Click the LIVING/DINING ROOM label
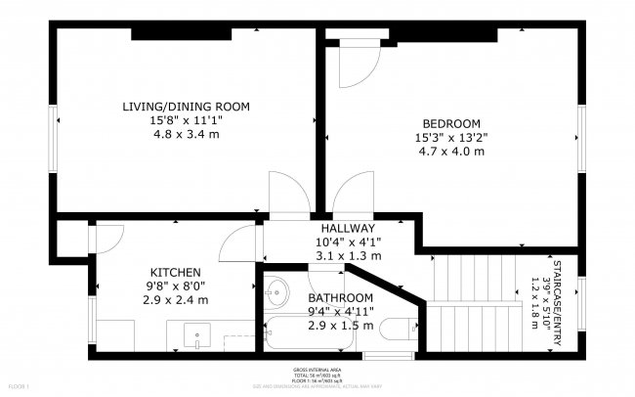(186, 106)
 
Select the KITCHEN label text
(176, 272)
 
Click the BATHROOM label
(341, 297)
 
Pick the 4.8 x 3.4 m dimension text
(186, 134)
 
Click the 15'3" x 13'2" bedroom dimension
(451, 137)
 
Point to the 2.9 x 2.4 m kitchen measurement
(176, 300)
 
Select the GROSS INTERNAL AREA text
(317, 371)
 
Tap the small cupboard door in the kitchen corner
(106, 237)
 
